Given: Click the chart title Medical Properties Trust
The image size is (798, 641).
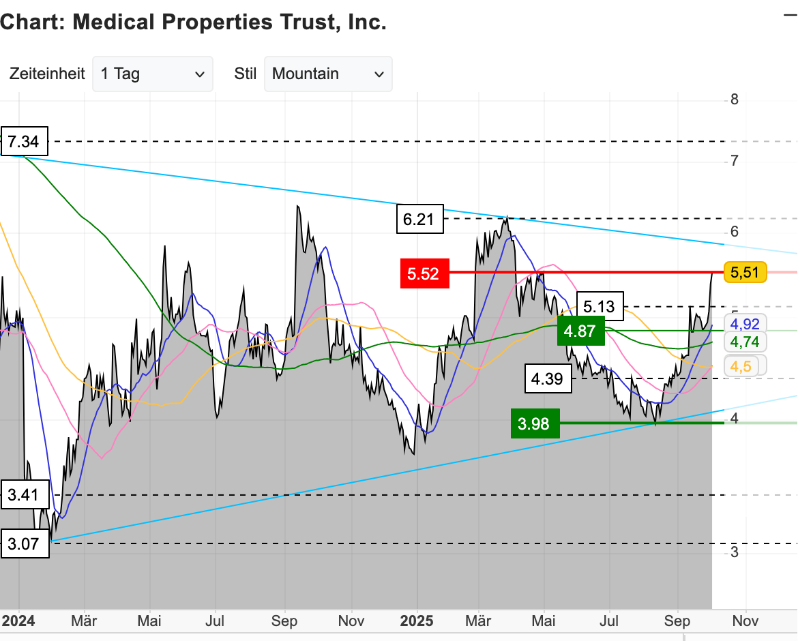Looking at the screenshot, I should pyautogui.click(x=193, y=23).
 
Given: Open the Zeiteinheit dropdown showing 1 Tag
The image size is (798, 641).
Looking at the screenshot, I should pyautogui.click(x=152, y=74).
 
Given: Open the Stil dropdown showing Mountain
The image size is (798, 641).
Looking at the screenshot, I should pyautogui.click(x=327, y=74).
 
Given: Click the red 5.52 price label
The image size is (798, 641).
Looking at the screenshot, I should pyautogui.click(x=424, y=274).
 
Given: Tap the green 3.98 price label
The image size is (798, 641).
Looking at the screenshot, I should pyautogui.click(x=535, y=424).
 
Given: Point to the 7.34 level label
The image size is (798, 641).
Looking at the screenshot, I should pyautogui.click(x=24, y=143).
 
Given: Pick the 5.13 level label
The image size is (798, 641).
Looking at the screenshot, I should pyautogui.click(x=600, y=307).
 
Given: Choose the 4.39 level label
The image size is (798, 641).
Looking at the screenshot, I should pyautogui.click(x=548, y=379).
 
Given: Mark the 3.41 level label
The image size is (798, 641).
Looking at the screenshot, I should pyautogui.click(x=25, y=494).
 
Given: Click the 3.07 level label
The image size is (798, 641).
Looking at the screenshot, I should pyautogui.click(x=25, y=544).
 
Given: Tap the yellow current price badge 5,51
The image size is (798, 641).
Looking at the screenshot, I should pyautogui.click(x=745, y=273).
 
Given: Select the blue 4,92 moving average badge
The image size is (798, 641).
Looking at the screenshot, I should pyautogui.click(x=745, y=323).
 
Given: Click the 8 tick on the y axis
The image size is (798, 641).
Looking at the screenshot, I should pyautogui.click(x=734, y=100).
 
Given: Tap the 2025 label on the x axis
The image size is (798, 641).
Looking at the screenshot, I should pyautogui.click(x=417, y=621).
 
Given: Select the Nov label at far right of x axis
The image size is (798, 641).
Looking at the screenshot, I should pyautogui.click(x=745, y=621).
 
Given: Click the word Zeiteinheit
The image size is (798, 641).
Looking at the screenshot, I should pyautogui.click(x=47, y=74).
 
